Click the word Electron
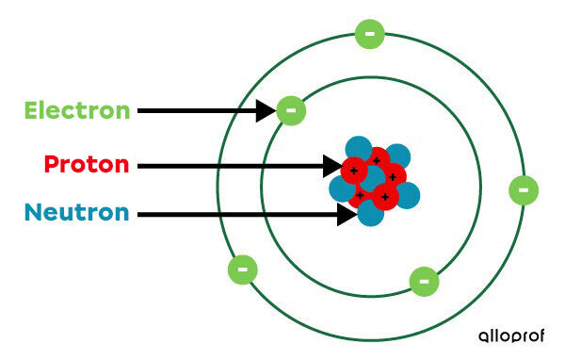coord(77,110)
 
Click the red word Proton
coord(86,165)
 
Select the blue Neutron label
coord(77,212)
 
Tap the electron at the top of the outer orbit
coord(369,34)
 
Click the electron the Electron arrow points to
coord(291,110)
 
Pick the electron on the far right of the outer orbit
coord(524,189)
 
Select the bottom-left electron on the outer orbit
coord(242,270)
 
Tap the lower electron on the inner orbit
coord(424,281)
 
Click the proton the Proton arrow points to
coord(354,171)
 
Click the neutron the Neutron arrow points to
coord(370,214)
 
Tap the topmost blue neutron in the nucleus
coord(358,149)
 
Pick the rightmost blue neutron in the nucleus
coord(408,195)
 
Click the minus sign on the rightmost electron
coord(524,189)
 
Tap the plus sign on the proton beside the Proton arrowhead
coord(354,171)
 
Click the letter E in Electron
coord(33,110)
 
